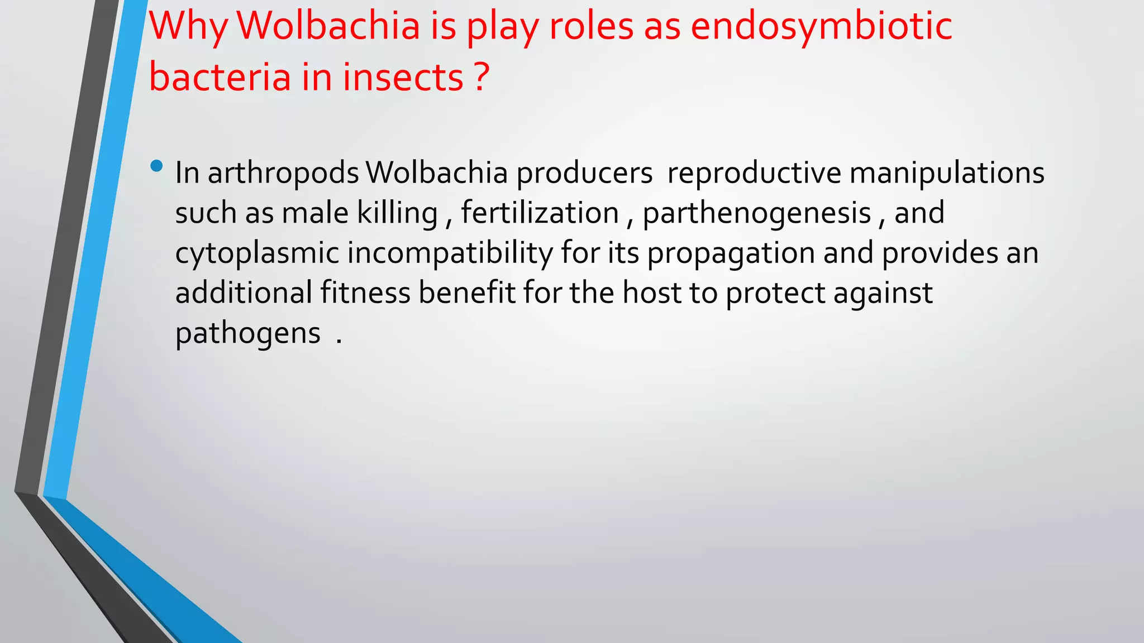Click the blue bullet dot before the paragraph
coord(156,166)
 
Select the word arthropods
coord(283,174)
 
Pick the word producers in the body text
coord(584,174)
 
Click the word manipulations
coord(947,172)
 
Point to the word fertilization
coord(540,213)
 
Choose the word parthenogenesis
coord(757,214)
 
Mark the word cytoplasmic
coord(257,254)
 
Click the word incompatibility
coord(450,254)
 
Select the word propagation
coord(731,254)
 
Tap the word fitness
coord(365,293)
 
